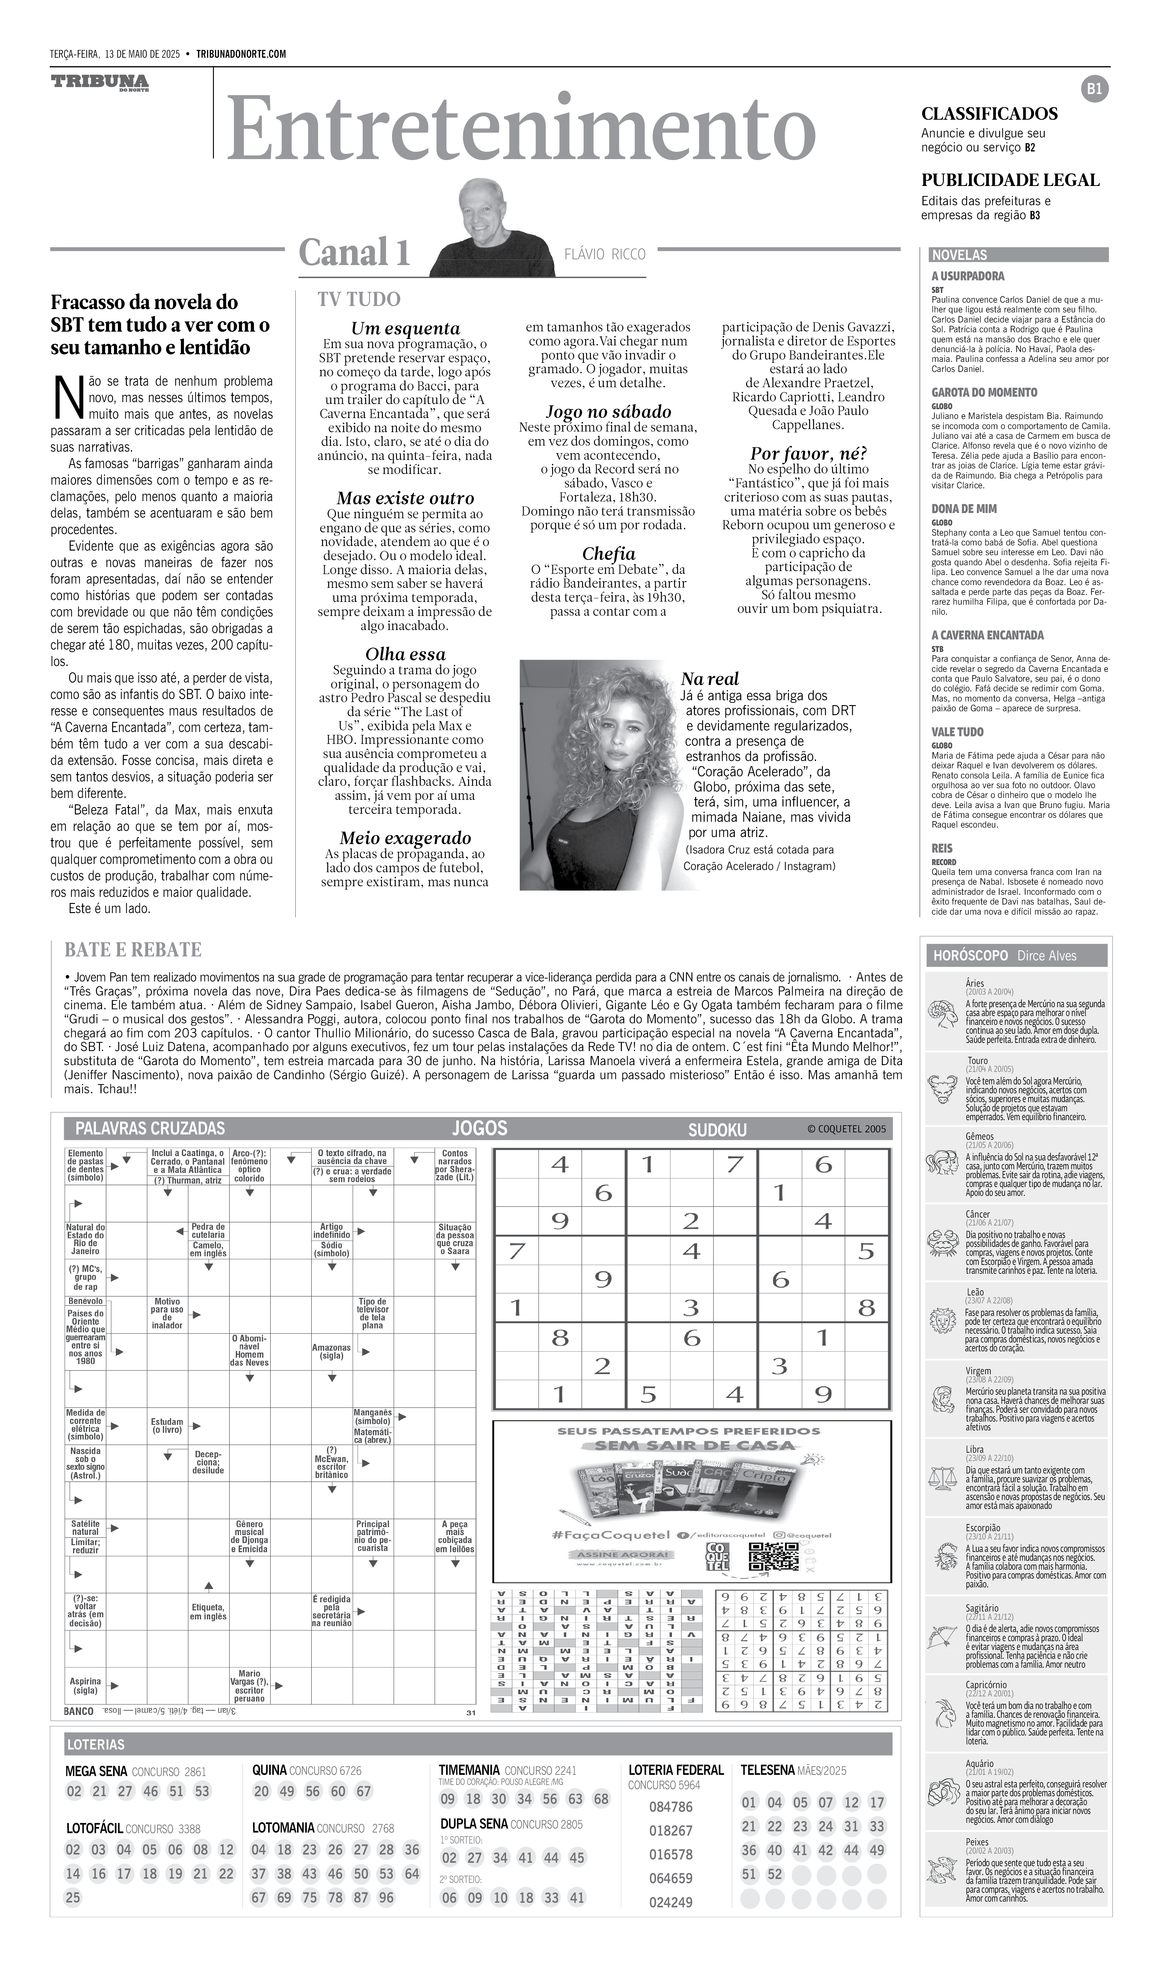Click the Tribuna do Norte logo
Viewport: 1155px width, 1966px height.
pyautogui.click(x=100, y=83)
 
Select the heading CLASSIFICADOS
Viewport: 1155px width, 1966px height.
pyautogui.click(x=989, y=114)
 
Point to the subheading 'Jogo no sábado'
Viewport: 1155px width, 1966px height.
pyautogui.click(x=608, y=412)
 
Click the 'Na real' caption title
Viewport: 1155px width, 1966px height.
pyautogui.click(x=710, y=679)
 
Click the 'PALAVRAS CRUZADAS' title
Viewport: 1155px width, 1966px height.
pyautogui.click(x=150, y=1128)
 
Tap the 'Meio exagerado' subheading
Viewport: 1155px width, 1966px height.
pyautogui.click(x=405, y=838)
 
